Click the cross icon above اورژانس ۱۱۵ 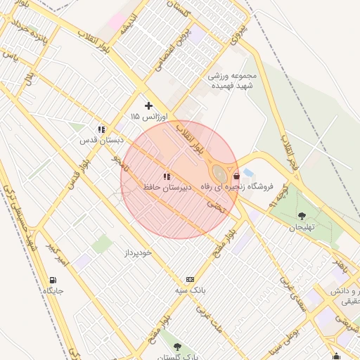[148, 105]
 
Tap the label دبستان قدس [102, 140]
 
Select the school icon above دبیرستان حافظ [167, 177]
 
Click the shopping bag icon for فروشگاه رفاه [236, 176]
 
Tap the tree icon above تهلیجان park [302, 216]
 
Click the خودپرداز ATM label [139, 251]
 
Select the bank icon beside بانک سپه [190, 279]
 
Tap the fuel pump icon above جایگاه [54, 280]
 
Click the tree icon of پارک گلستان [176, 347]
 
